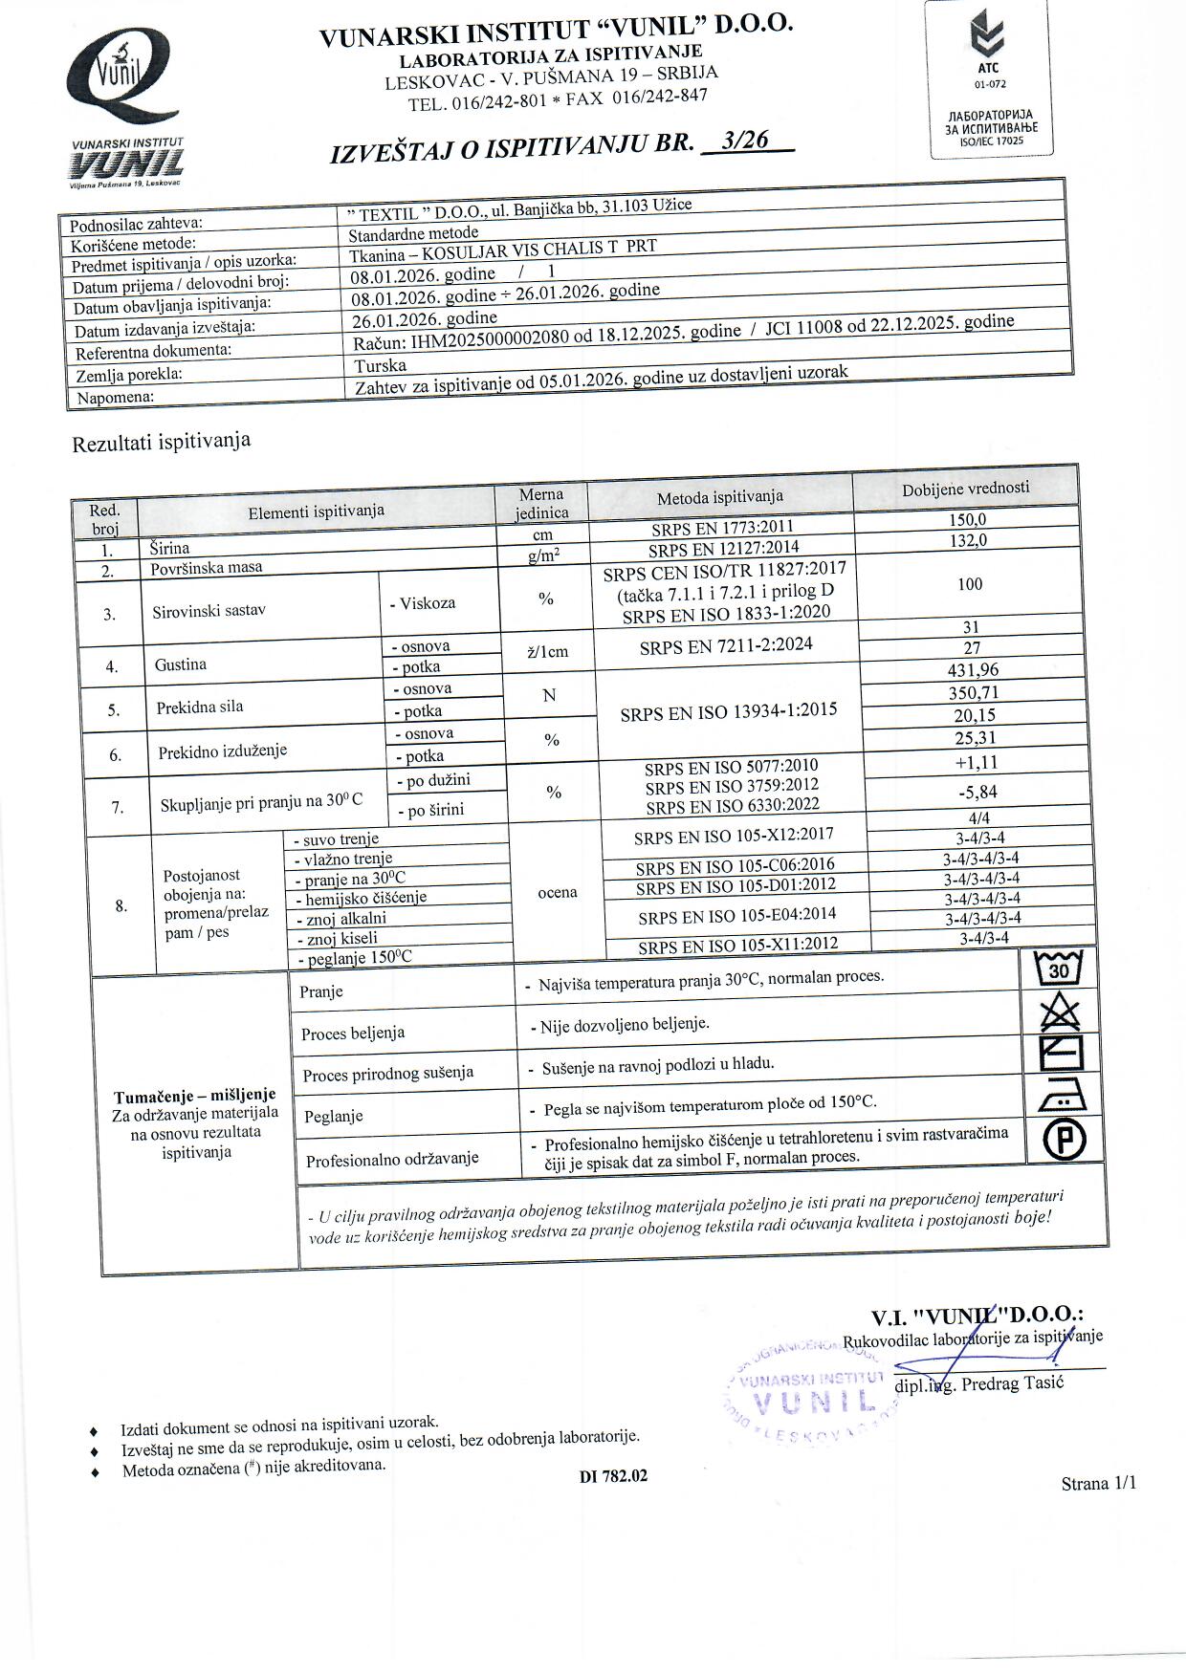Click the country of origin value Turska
click(380, 365)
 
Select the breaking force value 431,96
click(972, 670)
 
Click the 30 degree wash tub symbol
click(1058, 970)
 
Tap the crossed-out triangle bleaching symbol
click(1059, 1011)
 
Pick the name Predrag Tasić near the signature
click(1013, 1383)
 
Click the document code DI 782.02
click(613, 1475)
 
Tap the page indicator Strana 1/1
click(1098, 1483)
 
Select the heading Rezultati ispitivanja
click(162, 443)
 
